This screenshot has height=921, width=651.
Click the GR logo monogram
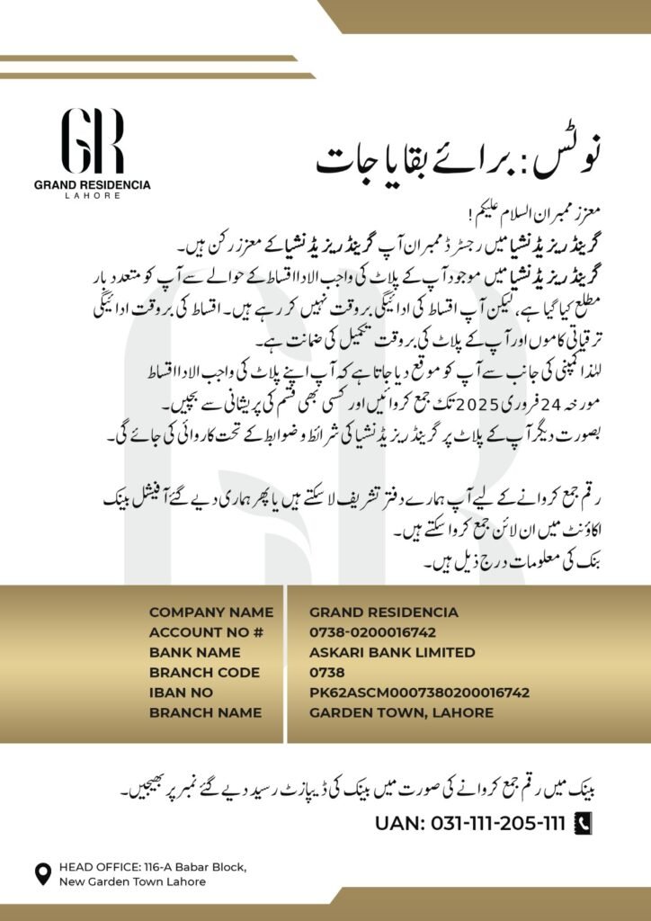pos(92,141)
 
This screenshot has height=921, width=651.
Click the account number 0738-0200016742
pos(373,632)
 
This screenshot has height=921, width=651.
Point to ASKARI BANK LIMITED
pos(392,652)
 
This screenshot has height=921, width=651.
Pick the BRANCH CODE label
pos(204,672)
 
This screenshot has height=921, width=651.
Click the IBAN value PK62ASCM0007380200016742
pos(419,693)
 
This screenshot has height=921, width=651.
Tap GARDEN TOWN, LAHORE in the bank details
pos(401,712)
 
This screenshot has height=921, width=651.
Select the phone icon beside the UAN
pos(583,823)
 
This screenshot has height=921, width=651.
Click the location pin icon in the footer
pos(42,873)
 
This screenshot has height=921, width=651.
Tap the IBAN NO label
pos(181,693)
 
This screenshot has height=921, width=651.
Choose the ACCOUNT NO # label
pos(206,632)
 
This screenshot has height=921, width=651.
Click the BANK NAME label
pos(194,652)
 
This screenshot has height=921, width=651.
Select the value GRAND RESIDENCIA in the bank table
pos(383,613)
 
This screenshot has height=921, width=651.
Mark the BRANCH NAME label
pos(205,712)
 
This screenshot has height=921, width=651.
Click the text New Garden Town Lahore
pos(132,881)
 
